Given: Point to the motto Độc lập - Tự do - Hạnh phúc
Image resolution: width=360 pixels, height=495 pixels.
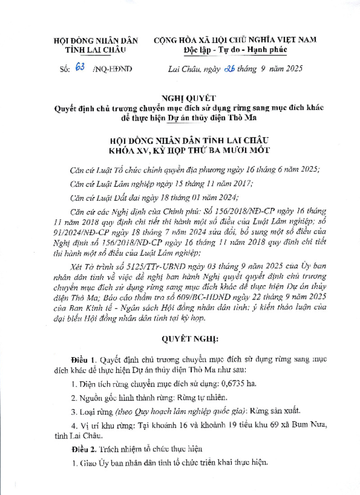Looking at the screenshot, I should coord(235,50).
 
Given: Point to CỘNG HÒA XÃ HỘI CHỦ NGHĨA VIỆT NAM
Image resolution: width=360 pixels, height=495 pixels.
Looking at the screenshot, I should coord(235,40).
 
